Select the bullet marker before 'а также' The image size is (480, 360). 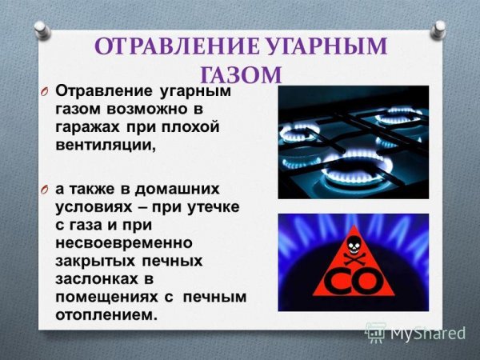46,189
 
